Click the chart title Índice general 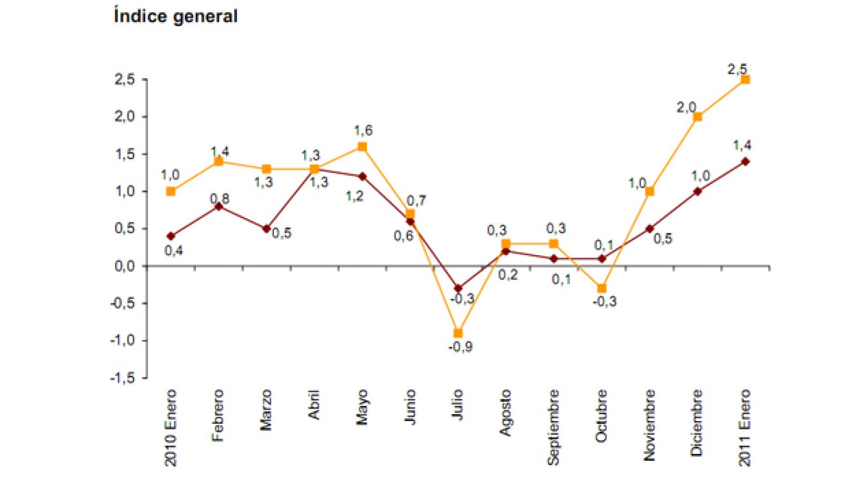(175, 16)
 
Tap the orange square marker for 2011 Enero (745, 79)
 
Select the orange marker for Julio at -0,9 (458, 333)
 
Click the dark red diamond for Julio (458, 288)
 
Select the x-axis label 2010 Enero (170, 427)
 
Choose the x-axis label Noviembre (649, 425)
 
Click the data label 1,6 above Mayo (363, 130)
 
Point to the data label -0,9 (460, 347)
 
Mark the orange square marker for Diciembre (697, 117)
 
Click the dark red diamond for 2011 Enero (745, 161)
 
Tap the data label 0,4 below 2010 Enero (173, 250)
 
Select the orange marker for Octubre (601, 288)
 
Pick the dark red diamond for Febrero (218, 206)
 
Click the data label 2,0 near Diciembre (686, 108)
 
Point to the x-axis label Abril (314, 404)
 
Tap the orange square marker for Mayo (362, 147)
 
